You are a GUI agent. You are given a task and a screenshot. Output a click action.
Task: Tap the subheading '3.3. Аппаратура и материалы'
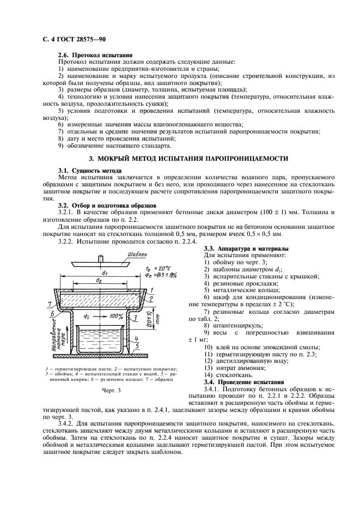[238, 248]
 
